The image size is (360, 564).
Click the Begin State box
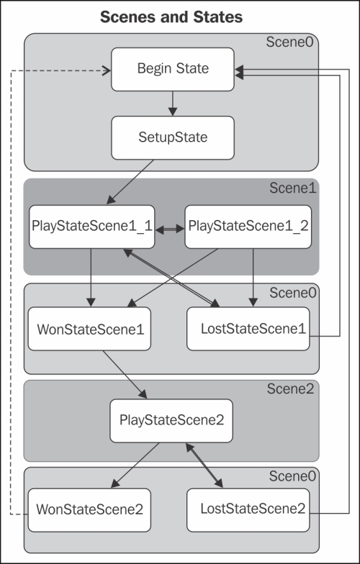tap(173, 69)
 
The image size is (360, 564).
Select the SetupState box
tap(173, 138)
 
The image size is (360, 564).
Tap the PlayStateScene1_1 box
tap(92, 227)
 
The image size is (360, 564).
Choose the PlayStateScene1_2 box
tap(248, 227)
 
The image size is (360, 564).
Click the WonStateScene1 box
tap(89, 329)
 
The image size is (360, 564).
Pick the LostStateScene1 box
tap(248, 329)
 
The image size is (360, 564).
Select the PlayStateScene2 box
tap(171, 421)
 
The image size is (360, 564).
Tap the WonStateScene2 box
tap(89, 510)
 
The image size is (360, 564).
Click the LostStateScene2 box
tap(248, 510)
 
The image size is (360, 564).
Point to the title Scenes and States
tap(171, 17)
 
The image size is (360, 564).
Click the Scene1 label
tap(292, 188)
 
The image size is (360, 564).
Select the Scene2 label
tap(291, 388)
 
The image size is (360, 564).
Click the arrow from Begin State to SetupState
tap(173, 104)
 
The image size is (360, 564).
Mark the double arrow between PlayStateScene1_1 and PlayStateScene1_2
tap(170, 229)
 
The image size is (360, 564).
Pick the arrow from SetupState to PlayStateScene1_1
tap(130, 182)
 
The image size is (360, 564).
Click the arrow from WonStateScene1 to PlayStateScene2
tap(125, 374)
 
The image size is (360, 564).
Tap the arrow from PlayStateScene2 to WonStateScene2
tap(135, 465)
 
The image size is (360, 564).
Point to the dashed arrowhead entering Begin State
tap(107, 70)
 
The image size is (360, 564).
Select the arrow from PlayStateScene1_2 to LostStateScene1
tap(253, 278)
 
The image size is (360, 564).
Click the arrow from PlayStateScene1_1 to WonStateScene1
tap(91, 278)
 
